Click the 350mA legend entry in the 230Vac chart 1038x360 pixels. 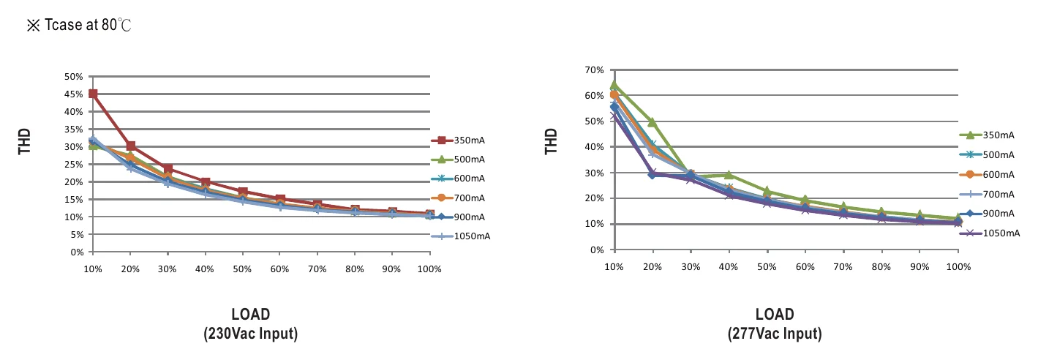458,140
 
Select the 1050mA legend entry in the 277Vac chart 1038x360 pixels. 990,233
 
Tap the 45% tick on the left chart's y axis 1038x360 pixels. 74,94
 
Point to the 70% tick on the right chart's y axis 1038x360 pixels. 595,70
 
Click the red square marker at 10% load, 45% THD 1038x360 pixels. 93,94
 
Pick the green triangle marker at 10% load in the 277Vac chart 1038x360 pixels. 614,85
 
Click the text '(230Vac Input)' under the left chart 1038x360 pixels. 251,334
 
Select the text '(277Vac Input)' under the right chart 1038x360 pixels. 775,334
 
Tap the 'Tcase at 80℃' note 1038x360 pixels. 79,25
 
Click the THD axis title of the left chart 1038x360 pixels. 24,141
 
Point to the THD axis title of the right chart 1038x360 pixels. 551,141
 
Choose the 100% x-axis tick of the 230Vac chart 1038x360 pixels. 429,269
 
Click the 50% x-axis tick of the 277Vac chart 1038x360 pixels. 767,267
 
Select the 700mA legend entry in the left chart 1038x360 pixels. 458,198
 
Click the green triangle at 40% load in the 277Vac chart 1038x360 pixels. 729,175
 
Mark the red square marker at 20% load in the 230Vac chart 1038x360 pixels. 131,146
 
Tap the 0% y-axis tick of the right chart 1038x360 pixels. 598,250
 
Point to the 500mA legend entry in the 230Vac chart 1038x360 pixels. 458,160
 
